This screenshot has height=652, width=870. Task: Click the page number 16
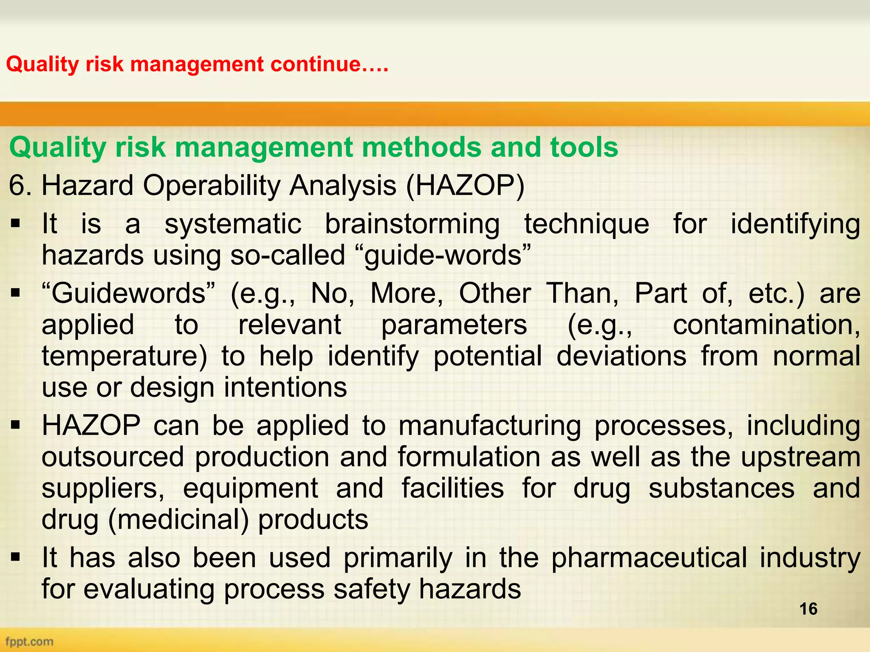(808, 609)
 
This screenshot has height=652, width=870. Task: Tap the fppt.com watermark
(29, 641)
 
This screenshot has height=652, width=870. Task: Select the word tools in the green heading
(584, 147)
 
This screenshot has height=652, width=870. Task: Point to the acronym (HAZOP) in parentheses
(465, 186)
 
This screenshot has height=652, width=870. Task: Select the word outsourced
(113, 457)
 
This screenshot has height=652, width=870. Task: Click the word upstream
(801, 457)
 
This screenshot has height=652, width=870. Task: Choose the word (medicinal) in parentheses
(178, 520)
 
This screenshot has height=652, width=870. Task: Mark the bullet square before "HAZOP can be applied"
(16, 424)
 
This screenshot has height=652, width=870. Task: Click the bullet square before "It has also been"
(16, 557)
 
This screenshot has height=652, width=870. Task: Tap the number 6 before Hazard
(17, 186)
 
